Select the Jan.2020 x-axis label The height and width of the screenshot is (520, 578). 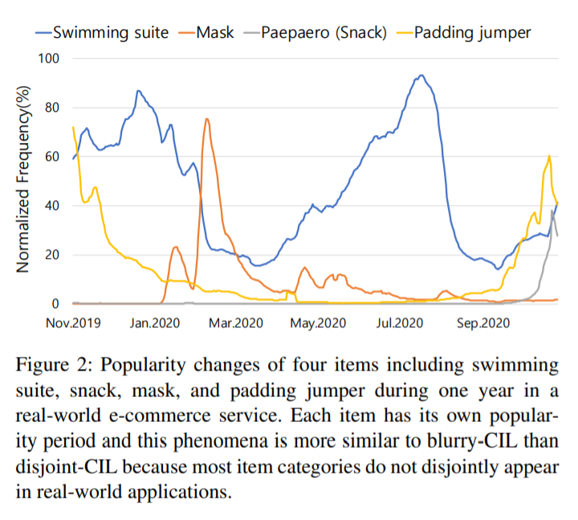pyautogui.click(x=153, y=323)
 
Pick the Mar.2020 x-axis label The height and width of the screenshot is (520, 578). pyautogui.click(x=235, y=323)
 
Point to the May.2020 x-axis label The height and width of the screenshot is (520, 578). pyautogui.click(x=317, y=323)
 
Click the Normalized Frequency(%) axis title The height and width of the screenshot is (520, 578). pyautogui.click(x=23, y=181)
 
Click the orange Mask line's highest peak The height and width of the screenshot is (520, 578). pyautogui.click(x=207, y=119)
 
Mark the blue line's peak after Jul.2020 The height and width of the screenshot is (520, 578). pyautogui.click(x=421, y=76)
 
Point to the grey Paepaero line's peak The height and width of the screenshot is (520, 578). pyautogui.click(x=552, y=211)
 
